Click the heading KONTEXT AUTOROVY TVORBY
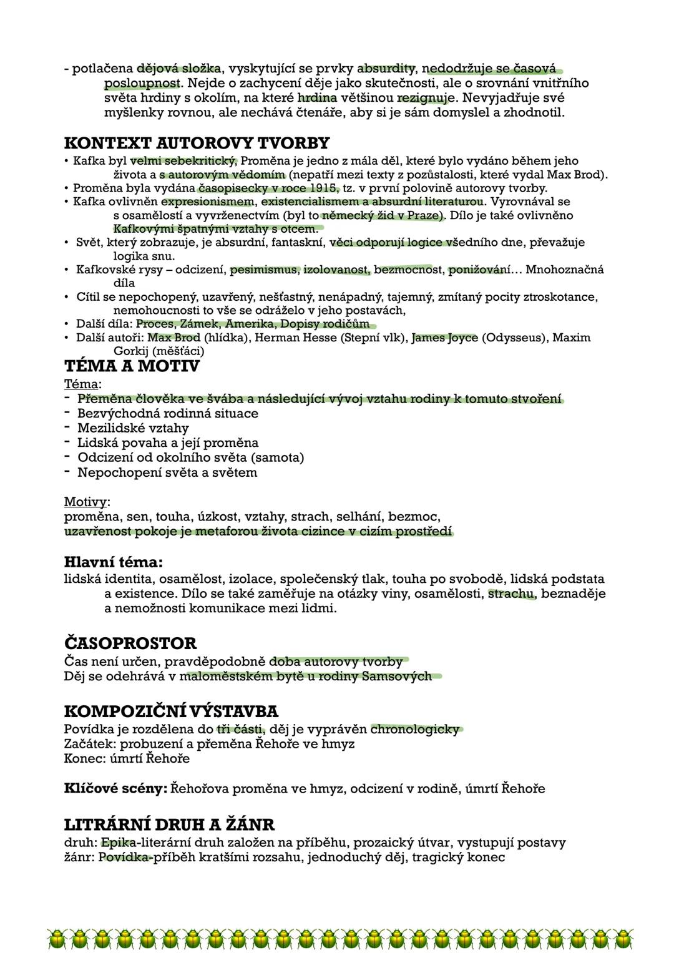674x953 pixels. (197, 143)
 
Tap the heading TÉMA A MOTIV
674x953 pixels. (132, 366)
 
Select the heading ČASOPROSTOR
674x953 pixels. (130, 643)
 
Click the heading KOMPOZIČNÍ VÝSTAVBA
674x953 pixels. (171, 711)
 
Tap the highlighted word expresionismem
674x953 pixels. (207, 202)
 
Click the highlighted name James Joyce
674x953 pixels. (445, 338)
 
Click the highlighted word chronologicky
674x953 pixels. (415, 729)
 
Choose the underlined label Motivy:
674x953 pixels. (87, 502)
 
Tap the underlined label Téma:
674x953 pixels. (82, 384)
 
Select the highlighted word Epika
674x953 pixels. (118, 843)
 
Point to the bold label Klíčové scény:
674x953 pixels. (115, 788)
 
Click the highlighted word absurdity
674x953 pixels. (386, 68)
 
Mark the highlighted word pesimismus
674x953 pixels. (264, 270)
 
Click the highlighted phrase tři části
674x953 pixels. (240, 729)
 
